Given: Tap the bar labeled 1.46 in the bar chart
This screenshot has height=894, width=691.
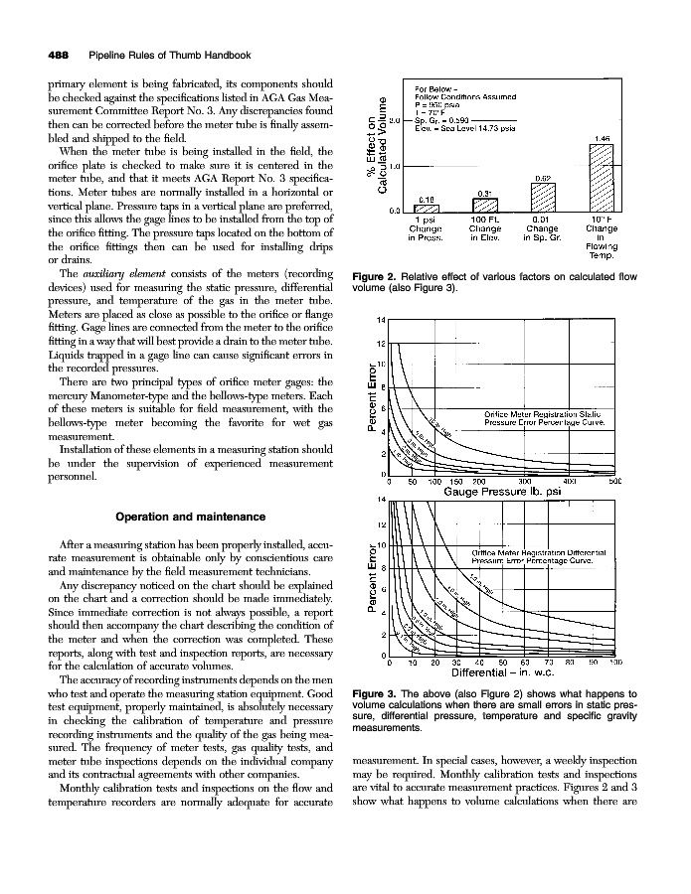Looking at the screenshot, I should (602, 176).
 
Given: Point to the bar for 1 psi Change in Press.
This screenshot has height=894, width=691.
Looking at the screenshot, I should (427, 207).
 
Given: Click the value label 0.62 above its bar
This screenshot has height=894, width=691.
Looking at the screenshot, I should (543, 178).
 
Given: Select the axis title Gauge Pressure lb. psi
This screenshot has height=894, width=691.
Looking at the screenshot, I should (503, 491).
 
